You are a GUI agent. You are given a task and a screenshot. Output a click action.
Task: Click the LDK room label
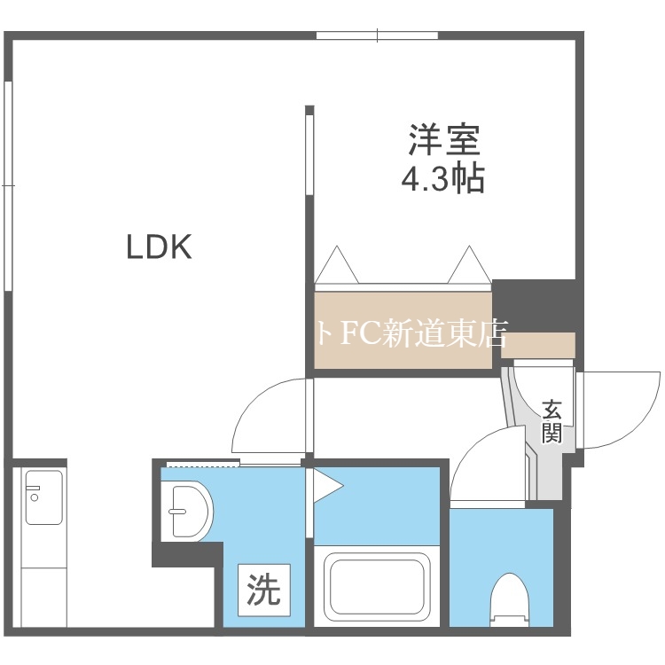click(159, 247)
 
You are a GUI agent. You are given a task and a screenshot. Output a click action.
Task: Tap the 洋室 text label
click(444, 139)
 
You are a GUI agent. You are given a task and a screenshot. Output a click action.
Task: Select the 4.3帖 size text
click(443, 180)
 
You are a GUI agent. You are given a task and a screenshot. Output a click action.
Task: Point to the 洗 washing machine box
click(263, 591)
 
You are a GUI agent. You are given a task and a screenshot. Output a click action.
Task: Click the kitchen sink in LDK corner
click(43, 497)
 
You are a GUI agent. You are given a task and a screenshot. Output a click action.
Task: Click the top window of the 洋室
click(378, 35)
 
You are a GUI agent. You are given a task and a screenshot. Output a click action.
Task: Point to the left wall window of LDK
click(8, 186)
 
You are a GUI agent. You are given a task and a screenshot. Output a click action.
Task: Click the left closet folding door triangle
click(336, 267)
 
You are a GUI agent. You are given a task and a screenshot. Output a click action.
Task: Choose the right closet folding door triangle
click(467, 267)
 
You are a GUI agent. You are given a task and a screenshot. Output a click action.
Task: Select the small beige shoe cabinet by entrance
click(538, 344)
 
